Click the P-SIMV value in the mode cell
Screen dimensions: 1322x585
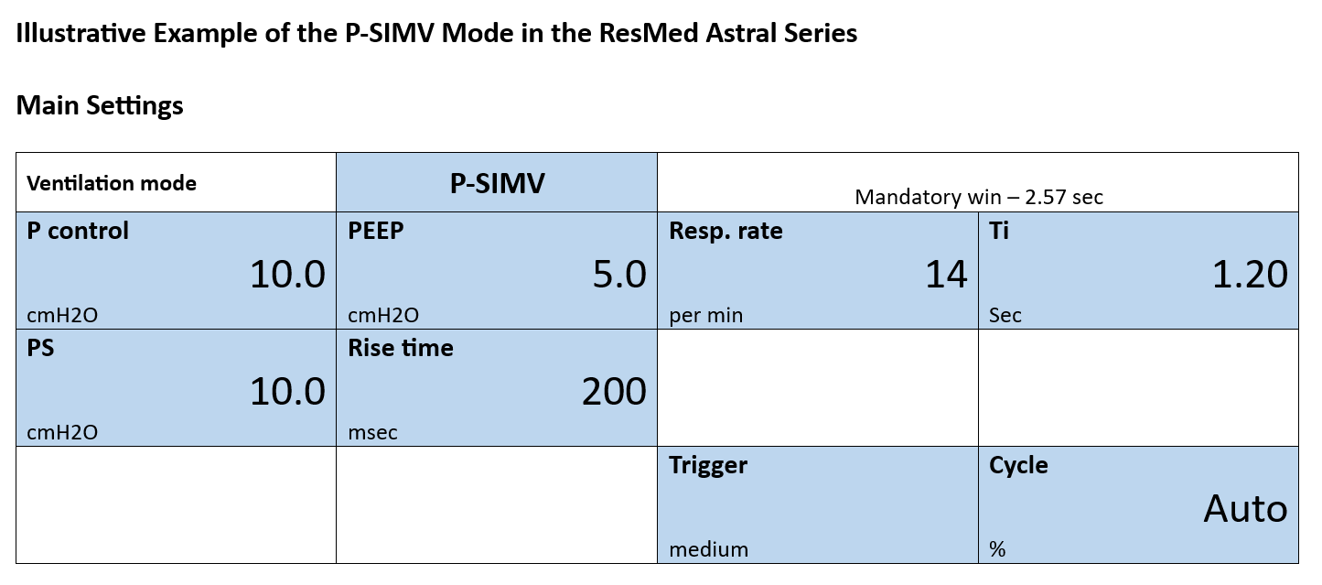tap(497, 183)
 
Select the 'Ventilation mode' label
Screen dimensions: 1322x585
tap(112, 183)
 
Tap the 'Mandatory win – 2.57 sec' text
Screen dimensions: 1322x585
tap(979, 197)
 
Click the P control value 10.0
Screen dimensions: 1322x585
tap(287, 275)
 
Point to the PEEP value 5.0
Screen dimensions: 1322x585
tap(619, 275)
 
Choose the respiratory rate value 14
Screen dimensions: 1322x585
tap(946, 275)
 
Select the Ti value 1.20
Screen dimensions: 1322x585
tap(1250, 275)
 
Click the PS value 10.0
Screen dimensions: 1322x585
tap(287, 392)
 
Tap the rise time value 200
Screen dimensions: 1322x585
tap(615, 392)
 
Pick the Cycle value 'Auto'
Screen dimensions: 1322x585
tap(1246, 508)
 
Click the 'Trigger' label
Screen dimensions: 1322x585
tap(708, 465)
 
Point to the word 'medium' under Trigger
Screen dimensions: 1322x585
tap(709, 549)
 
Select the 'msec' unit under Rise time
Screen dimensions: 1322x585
tap(372, 433)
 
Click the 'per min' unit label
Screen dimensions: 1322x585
tap(706, 315)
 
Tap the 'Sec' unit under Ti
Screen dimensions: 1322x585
tap(1005, 315)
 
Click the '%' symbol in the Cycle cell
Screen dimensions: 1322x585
tap(997, 549)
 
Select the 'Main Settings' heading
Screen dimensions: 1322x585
tap(100, 105)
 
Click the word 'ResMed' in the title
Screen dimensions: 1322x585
tap(649, 33)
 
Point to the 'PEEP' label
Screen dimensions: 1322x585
tap(376, 231)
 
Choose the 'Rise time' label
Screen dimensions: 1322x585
tap(401, 348)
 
